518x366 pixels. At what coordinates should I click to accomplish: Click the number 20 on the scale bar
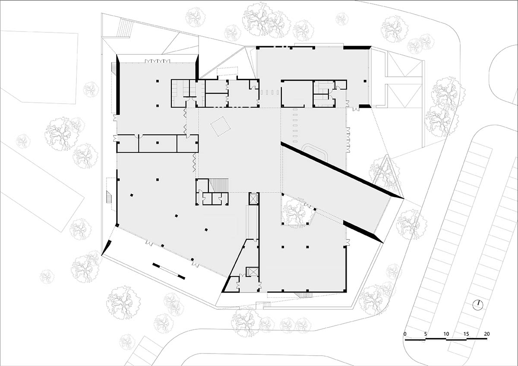[487, 334]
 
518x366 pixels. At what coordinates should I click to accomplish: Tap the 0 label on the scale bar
[405, 334]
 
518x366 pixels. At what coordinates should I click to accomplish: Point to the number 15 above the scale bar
[467, 334]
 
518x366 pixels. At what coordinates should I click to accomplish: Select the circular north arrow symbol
[477, 305]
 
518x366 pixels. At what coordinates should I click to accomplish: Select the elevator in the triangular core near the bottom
[251, 272]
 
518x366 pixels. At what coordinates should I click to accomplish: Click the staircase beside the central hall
[219, 185]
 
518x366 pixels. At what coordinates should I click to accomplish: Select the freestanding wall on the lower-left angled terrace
[168, 270]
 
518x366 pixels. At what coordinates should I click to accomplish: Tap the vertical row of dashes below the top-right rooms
[295, 126]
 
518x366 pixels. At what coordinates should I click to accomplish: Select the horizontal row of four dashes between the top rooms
[270, 92]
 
